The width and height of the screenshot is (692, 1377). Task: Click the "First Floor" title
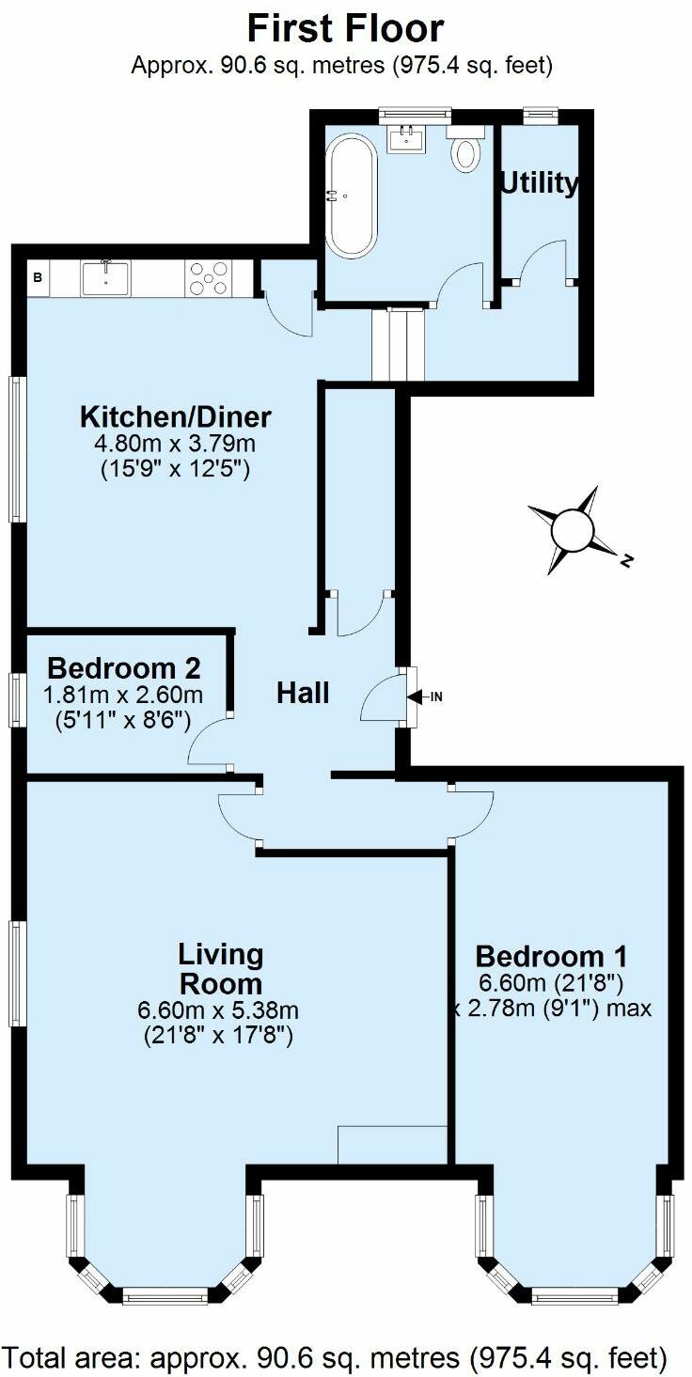[x=345, y=29]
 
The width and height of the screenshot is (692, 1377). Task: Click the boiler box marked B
[x=38, y=278]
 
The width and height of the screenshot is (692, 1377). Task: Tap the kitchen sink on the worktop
[x=105, y=278]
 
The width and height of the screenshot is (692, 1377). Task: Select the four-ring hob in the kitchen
[x=209, y=278]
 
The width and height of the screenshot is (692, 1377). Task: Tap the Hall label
[x=303, y=694]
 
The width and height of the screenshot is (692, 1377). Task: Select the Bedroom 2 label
[x=123, y=668]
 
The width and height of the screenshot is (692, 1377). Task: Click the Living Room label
[x=221, y=969]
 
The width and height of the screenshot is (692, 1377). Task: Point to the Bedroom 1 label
[x=551, y=957]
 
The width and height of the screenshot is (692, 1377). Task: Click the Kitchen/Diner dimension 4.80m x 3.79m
[x=175, y=444]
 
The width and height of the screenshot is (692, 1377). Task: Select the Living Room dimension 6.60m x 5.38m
[x=218, y=1011]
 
